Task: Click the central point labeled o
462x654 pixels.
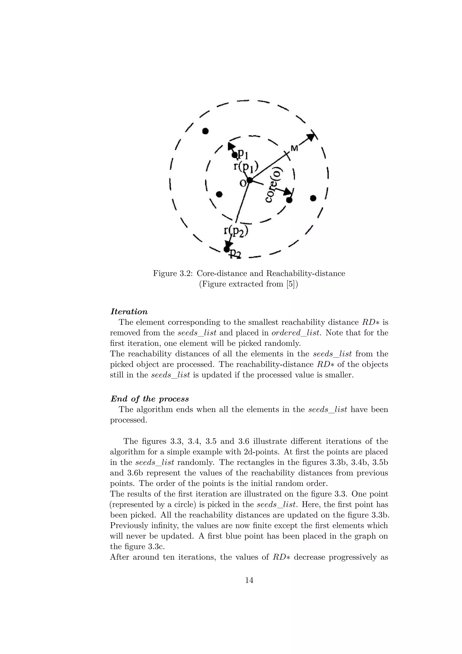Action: click(249, 180)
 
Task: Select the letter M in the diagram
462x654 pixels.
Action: click(294, 148)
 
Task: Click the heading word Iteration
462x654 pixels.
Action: click(129, 312)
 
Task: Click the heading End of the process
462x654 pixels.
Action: click(150, 399)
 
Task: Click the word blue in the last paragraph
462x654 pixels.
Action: click(231, 536)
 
